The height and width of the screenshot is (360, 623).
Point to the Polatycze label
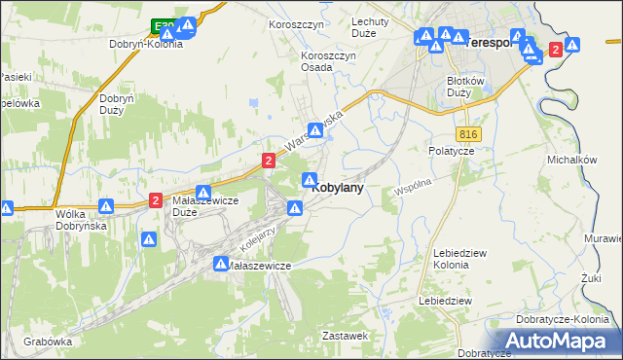click(451, 152)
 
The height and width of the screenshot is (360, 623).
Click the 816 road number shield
click(466, 131)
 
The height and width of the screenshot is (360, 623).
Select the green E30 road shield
click(163, 26)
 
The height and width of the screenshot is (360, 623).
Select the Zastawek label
click(344, 335)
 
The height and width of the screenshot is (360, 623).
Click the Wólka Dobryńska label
click(81, 219)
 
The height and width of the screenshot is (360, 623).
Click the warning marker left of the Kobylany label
click(310, 180)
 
